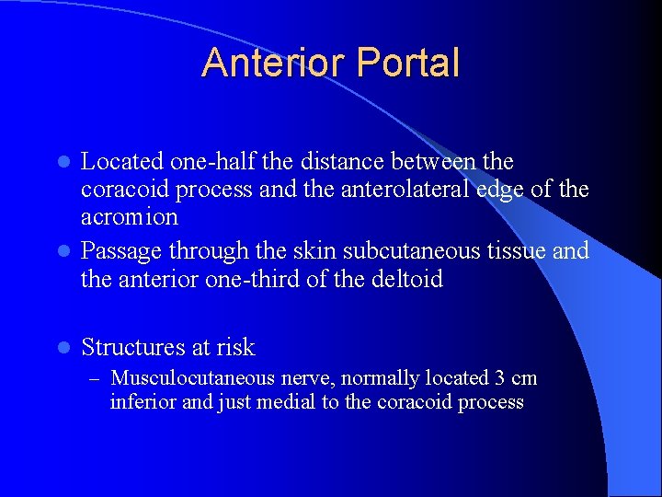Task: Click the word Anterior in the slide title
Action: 271,63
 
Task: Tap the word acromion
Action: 130,217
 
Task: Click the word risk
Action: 235,348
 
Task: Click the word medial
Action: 288,402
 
